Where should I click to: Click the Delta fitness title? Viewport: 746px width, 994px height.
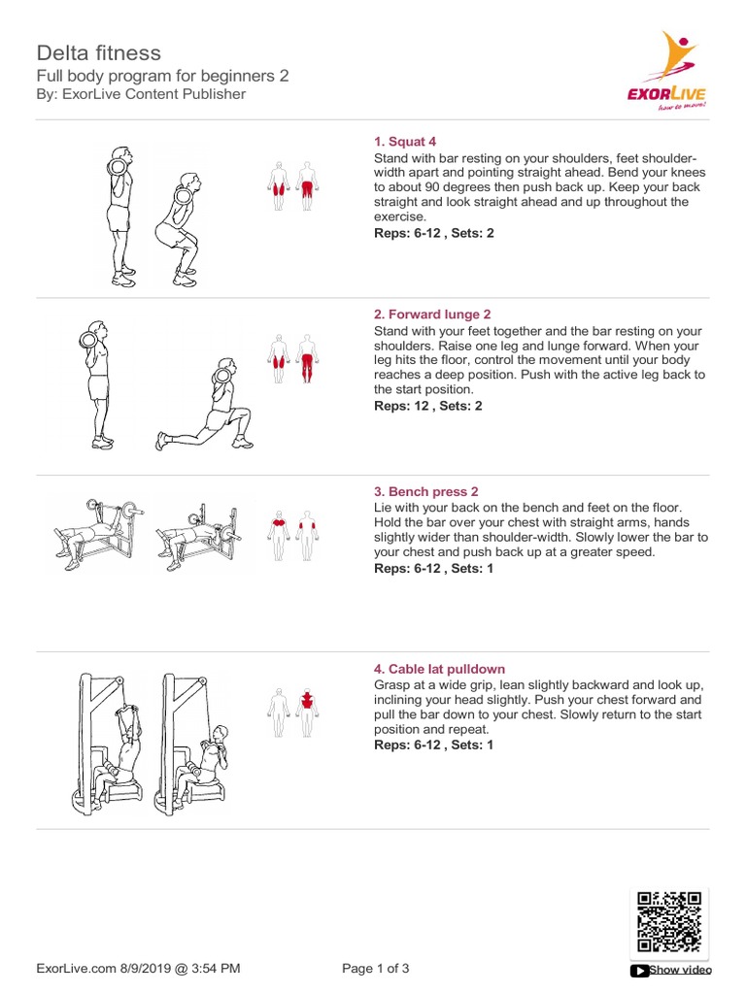(x=99, y=52)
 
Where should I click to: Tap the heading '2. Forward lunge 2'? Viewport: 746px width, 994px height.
(x=432, y=315)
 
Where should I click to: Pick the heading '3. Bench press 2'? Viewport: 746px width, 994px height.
(x=425, y=492)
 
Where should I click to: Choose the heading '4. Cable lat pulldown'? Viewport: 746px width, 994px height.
(x=439, y=669)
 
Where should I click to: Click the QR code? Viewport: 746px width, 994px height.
(x=668, y=921)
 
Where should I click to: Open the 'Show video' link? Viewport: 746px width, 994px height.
(x=678, y=969)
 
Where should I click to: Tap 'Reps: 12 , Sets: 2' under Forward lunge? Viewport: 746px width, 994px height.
(x=427, y=406)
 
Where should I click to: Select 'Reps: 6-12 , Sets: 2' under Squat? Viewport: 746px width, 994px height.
(x=433, y=234)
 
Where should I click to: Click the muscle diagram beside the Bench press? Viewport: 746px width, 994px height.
(x=293, y=535)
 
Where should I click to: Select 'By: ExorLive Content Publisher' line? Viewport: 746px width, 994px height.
(x=141, y=94)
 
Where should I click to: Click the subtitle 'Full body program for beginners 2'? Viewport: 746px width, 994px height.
(x=162, y=75)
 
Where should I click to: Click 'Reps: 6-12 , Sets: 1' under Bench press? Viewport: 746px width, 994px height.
(x=433, y=568)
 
